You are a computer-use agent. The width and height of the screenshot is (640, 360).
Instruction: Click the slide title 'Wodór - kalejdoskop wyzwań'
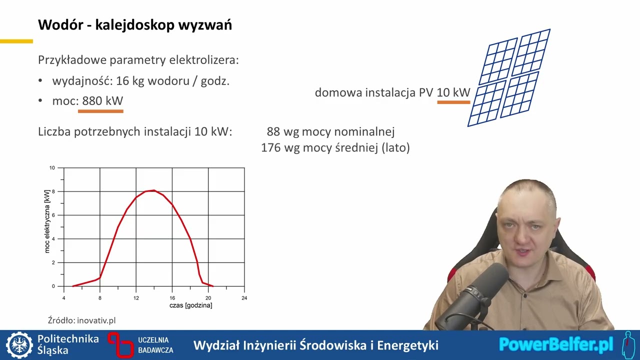click(x=135, y=25)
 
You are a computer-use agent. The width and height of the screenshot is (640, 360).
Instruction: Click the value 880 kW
click(x=102, y=100)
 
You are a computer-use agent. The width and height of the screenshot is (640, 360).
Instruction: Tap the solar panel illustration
click(x=509, y=77)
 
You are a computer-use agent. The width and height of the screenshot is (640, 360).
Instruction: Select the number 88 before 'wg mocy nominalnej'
click(x=273, y=131)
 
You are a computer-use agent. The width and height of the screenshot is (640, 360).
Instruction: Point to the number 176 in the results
click(x=270, y=147)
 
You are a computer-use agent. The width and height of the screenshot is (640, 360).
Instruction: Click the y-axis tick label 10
click(x=52, y=168)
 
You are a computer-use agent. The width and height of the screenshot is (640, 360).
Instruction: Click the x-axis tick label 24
click(x=244, y=298)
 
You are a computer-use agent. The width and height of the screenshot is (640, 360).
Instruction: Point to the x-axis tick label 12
click(x=136, y=298)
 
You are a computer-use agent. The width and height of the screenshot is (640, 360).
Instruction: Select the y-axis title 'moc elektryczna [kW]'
click(x=47, y=221)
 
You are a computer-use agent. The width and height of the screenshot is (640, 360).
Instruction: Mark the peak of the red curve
click(x=153, y=190)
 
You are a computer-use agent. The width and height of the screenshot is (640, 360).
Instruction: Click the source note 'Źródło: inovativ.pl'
click(x=81, y=320)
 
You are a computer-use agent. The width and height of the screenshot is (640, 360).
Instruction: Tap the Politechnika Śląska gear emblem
click(x=19, y=345)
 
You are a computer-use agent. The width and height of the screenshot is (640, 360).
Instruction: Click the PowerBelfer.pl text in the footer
click(x=556, y=344)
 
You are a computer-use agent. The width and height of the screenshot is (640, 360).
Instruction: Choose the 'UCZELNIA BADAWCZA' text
click(x=155, y=345)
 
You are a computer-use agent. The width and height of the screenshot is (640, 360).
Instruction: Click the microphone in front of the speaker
click(x=480, y=290)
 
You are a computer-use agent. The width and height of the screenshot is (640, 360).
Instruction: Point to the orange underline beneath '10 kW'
click(x=453, y=102)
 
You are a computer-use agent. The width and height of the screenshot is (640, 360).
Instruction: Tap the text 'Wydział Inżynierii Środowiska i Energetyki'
click(x=315, y=345)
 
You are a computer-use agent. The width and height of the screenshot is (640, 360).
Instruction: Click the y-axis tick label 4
click(x=53, y=239)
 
